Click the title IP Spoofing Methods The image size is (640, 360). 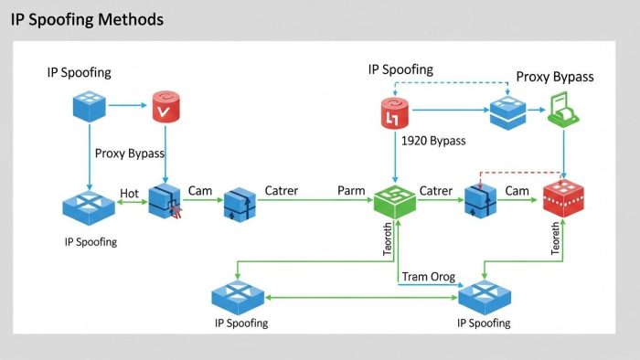tap(88, 18)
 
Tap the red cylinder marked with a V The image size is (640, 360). tap(165, 108)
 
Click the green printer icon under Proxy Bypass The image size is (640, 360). tap(560, 111)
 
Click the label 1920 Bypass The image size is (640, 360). tap(433, 141)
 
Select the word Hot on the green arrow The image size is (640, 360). tap(130, 193)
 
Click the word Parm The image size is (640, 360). tap(351, 191)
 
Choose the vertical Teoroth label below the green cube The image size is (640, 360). tap(388, 239)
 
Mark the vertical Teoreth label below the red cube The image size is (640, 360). tap(555, 239)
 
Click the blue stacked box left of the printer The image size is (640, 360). tap(507, 111)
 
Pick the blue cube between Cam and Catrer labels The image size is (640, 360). tap(240, 202)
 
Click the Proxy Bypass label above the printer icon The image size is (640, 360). tap(554, 77)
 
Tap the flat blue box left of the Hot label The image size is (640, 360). tap(89, 208)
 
